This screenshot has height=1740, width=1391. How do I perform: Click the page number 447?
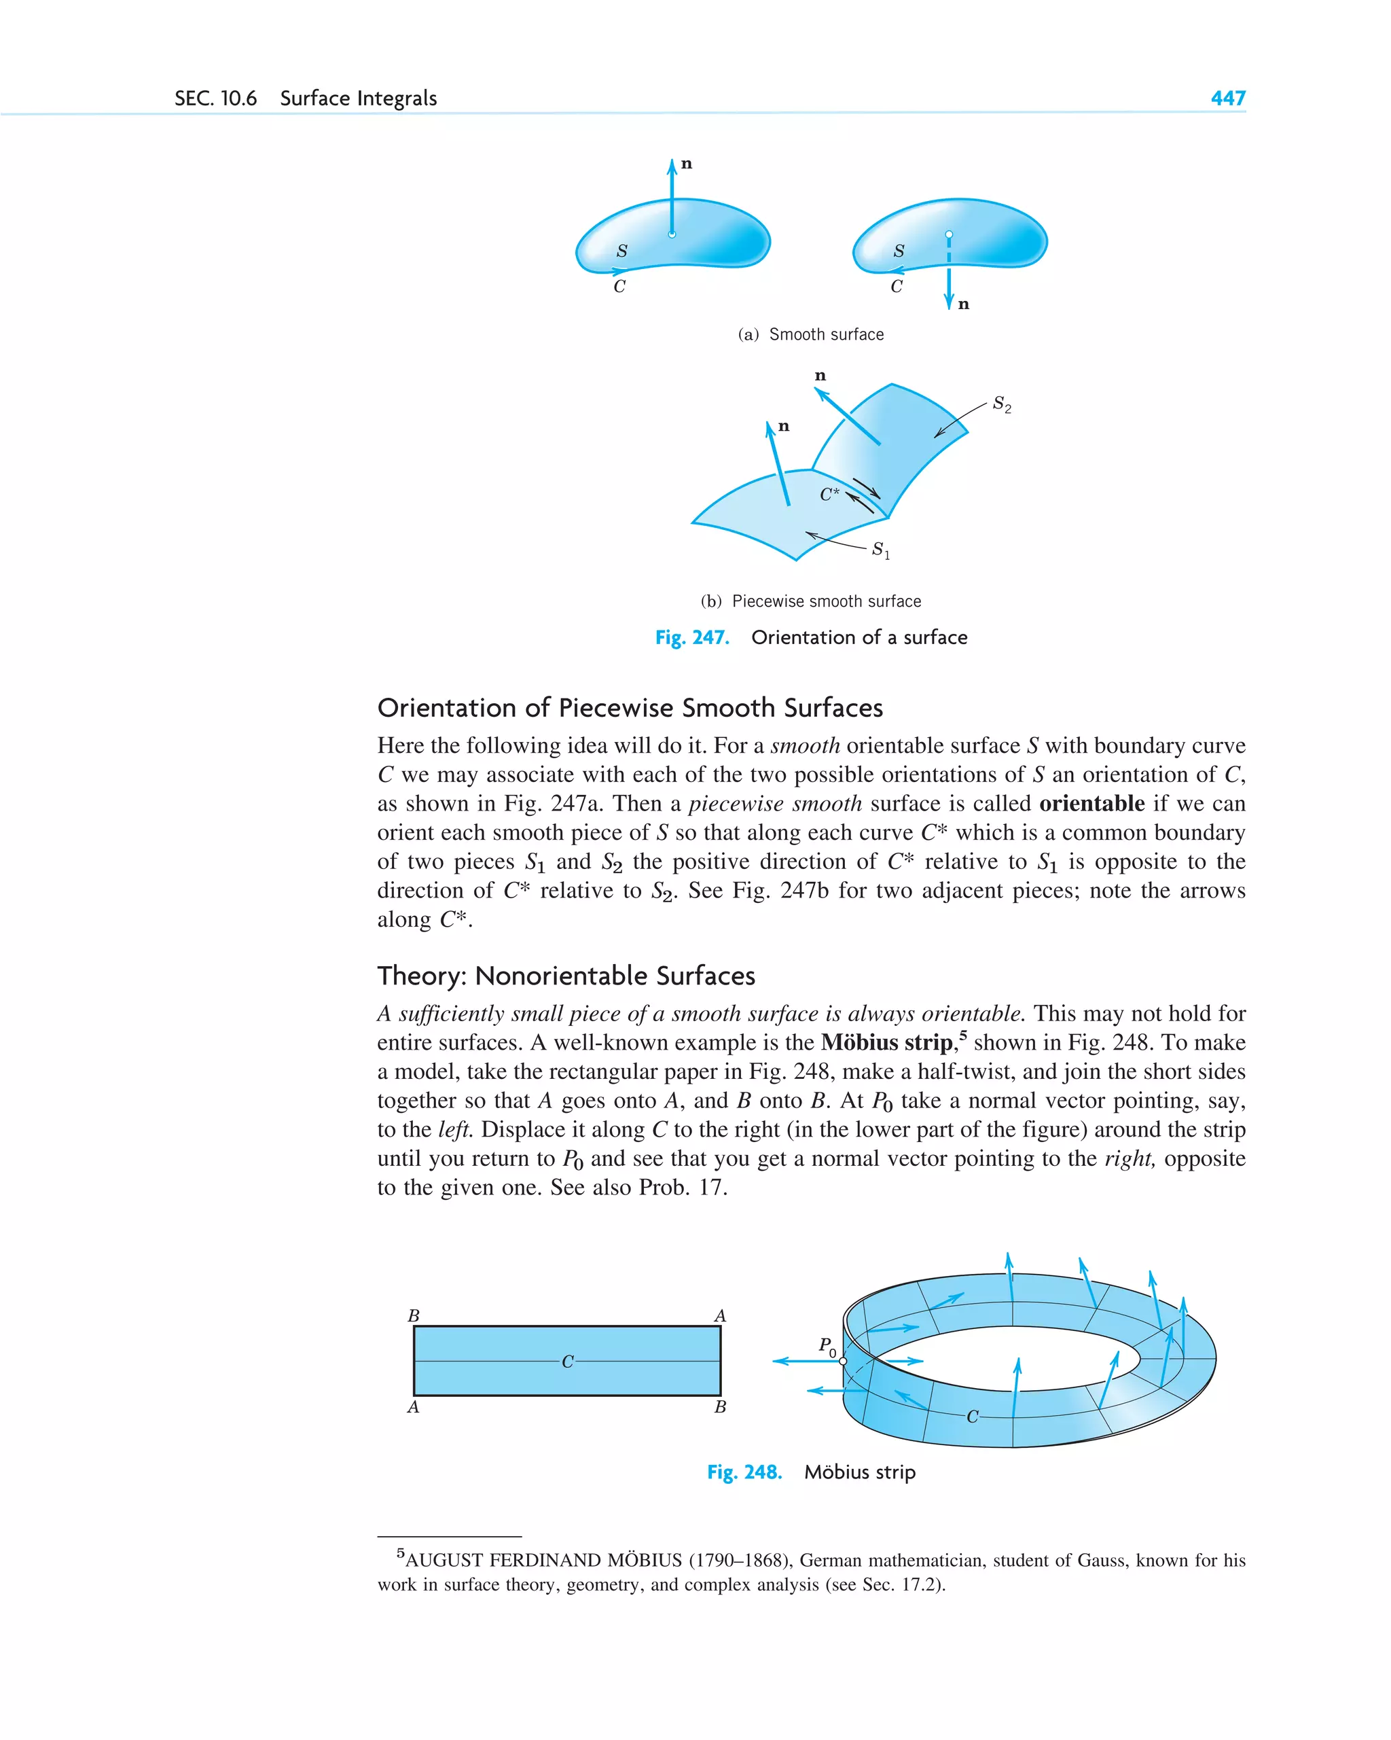click(x=1227, y=99)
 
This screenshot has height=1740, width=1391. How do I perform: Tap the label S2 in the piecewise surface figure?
click(x=1001, y=404)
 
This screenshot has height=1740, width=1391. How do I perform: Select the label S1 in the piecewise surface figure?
click(x=880, y=550)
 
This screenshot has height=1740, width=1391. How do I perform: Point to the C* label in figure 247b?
click(x=829, y=494)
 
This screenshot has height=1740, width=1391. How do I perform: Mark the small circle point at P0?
click(x=843, y=1361)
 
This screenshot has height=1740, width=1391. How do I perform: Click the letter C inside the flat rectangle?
click(x=567, y=1362)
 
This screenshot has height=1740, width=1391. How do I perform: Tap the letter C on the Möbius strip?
click(x=972, y=1417)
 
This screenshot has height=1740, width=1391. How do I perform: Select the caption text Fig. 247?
click(x=692, y=637)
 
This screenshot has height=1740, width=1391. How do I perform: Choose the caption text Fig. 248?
click(x=744, y=1472)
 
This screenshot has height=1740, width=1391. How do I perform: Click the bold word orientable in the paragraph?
click(x=1091, y=804)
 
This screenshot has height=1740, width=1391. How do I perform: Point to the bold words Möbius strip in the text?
click(x=887, y=1043)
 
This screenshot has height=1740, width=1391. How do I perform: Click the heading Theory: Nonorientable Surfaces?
click(x=566, y=976)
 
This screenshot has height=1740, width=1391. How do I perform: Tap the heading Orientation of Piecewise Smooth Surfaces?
click(x=630, y=708)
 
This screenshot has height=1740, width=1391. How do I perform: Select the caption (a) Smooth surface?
click(x=811, y=335)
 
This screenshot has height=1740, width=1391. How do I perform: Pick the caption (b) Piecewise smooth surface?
click(x=810, y=601)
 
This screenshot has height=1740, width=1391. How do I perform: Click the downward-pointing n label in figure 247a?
click(x=963, y=304)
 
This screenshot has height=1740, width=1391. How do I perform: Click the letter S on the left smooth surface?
click(x=621, y=251)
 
